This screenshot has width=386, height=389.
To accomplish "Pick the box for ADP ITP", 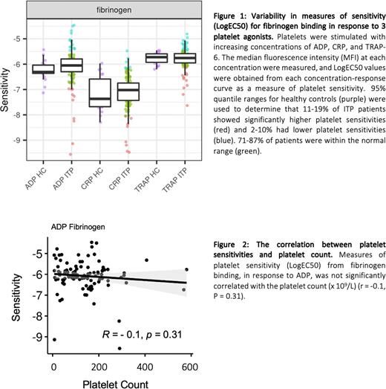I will tap(72, 65).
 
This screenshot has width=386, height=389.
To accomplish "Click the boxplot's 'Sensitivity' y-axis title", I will tap(7, 89).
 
